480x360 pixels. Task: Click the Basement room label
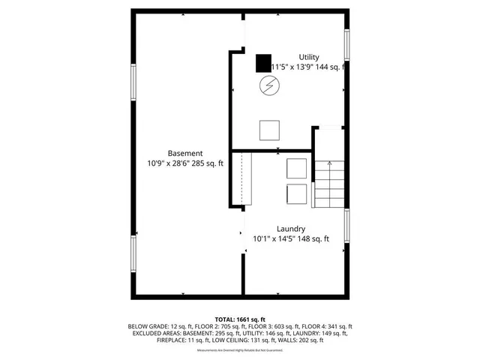point(184,153)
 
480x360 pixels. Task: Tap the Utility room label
point(309,57)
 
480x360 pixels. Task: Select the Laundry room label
point(290,229)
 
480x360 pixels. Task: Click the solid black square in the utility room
point(262,63)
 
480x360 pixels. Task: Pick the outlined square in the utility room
point(269,130)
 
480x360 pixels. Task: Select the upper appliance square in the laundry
point(296,168)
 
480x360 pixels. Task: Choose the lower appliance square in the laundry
point(296,193)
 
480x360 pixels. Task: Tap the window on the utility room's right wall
point(346,45)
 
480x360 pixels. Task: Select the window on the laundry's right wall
point(346,226)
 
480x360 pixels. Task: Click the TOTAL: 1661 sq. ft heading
point(240,319)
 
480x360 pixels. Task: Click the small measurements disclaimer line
point(240,350)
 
